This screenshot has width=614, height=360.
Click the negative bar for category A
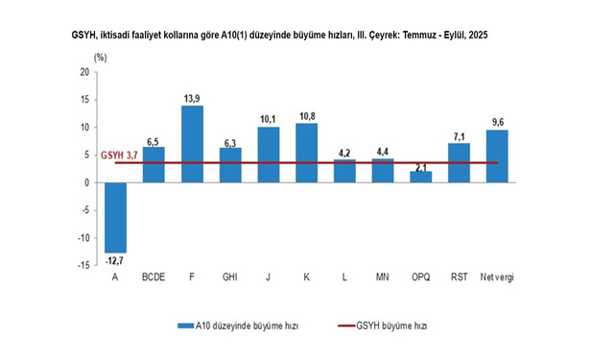point(116,217)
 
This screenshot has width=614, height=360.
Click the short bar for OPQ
point(420,177)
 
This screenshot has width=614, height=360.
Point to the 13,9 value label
point(192,98)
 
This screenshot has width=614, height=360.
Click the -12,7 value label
point(116,259)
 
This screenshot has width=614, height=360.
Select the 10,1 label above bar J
point(269,119)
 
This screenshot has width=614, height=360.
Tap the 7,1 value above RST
point(459,135)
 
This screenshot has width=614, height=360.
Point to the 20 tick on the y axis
point(84,72)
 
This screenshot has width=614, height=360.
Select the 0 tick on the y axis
point(86,182)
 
